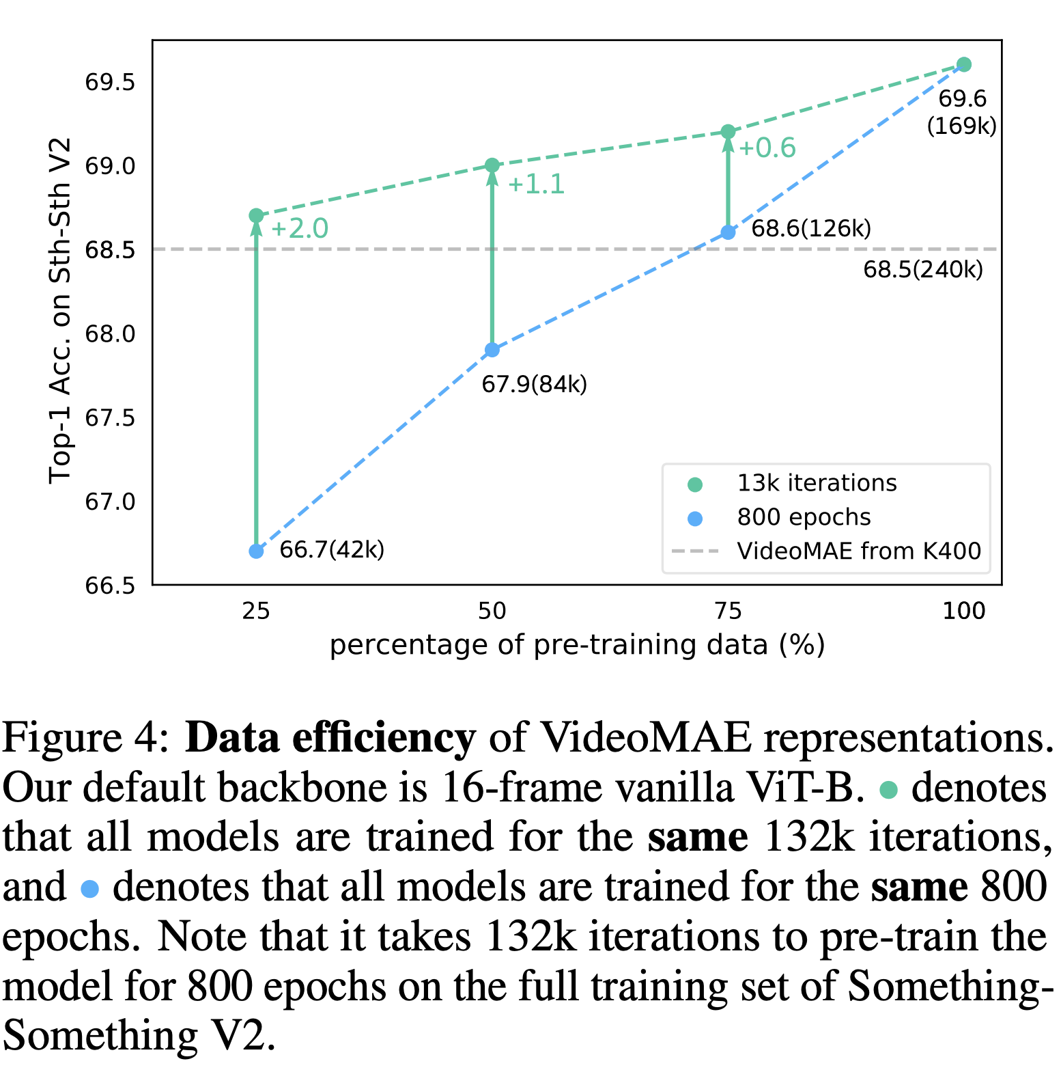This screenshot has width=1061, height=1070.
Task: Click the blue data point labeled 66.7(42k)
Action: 256,551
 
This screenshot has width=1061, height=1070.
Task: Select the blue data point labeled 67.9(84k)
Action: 492,350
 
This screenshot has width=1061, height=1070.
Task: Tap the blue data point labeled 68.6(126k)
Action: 728,232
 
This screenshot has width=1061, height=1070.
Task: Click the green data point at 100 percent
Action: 963,65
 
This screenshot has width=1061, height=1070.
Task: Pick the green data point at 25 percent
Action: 256,216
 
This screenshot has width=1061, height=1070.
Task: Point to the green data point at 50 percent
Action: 492,165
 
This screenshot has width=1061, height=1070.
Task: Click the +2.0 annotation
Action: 300,229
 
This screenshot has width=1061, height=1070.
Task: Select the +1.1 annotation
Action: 536,184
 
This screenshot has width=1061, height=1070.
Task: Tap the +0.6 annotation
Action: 767,148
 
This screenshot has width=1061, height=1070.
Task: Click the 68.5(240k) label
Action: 923,270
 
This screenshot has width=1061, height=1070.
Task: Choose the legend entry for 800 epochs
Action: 804,517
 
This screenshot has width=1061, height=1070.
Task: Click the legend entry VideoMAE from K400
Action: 858,551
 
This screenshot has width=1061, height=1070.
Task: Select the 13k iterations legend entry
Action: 817,483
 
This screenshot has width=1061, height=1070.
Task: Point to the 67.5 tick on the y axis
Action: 110,417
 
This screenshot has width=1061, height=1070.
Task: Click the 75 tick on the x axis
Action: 728,610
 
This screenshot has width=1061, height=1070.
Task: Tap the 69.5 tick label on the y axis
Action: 110,82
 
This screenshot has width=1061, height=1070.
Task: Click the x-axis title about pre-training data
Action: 577,645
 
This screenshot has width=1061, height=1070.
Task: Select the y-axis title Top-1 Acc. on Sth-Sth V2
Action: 60,311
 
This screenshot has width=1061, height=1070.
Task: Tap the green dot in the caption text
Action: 888,791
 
